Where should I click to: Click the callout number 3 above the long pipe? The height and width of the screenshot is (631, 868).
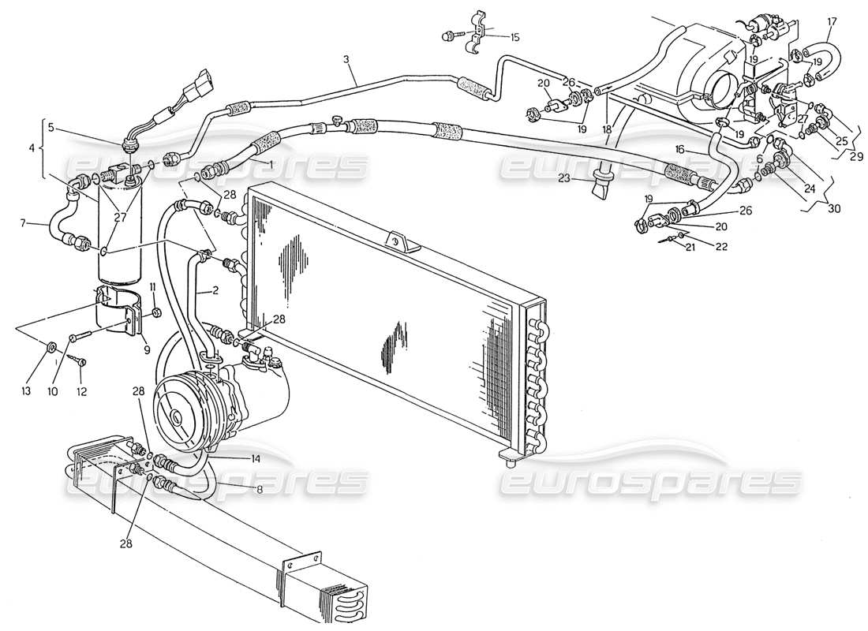pyautogui.click(x=346, y=60)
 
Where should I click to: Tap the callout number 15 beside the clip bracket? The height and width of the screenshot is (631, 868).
pyautogui.click(x=514, y=37)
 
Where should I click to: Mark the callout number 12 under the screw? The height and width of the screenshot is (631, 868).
pyautogui.click(x=82, y=392)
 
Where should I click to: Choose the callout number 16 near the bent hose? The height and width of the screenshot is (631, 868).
pyautogui.click(x=679, y=148)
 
